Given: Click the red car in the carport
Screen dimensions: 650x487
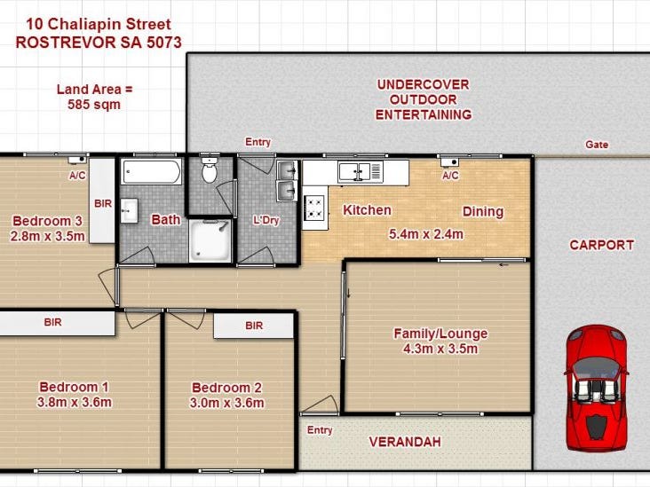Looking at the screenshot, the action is click(x=596, y=388).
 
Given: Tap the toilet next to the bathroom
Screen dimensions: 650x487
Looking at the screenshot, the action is click(x=210, y=169).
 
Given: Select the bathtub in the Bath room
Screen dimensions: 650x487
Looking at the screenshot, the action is click(x=152, y=171).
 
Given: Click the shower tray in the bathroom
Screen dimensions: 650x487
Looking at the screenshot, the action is click(x=210, y=241).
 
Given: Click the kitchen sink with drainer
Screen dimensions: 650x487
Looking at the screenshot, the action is click(x=360, y=172).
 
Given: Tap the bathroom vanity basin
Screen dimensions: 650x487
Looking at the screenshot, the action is click(x=129, y=211).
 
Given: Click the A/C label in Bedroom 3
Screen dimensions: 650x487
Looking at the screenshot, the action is click(x=77, y=176).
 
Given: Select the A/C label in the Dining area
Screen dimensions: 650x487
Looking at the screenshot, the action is click(x=450, y=176).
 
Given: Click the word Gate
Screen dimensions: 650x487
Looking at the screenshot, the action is click(x=597, y=145).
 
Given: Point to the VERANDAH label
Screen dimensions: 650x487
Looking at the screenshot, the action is click(x=405, y=442).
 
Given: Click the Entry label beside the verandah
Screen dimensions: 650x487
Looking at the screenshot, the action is click(x=320, y=430).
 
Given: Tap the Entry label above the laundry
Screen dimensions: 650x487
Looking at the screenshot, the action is click(x=258, y=142).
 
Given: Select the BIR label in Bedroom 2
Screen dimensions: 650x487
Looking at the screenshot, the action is click(x=254, y=326).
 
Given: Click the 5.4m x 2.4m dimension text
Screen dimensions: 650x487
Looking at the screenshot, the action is click(x=425, y=234).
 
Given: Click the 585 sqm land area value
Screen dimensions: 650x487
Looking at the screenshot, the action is click(x=94, y=105).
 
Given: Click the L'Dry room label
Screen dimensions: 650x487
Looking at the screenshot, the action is click(x=266, y=220).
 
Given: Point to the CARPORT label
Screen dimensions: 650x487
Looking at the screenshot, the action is click(x=602, y=245).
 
